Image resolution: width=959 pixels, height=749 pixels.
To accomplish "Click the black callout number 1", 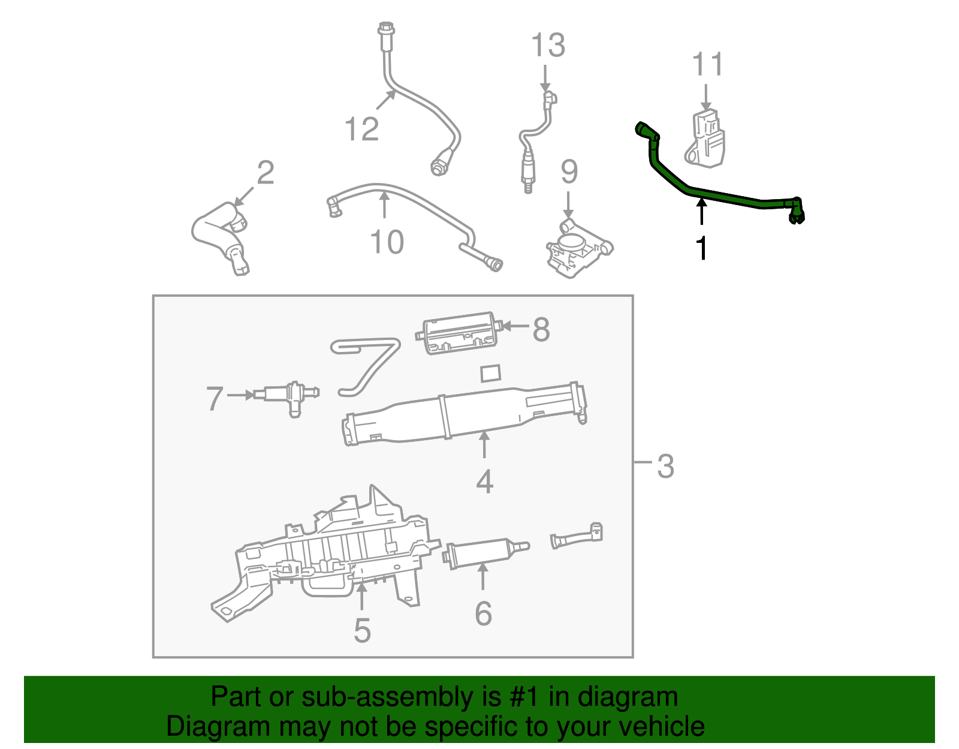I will (701, 248).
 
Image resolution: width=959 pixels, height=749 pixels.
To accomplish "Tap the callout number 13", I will (548, 46).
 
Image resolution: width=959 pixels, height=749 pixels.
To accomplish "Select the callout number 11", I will (707, 64).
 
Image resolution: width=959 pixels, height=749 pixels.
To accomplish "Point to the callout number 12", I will (362, 129).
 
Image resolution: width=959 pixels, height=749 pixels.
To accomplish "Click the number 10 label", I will (387, 242).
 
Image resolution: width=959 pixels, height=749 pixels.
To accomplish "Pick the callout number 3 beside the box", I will (665, 466).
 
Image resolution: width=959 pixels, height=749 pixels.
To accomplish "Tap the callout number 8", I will (541, 329).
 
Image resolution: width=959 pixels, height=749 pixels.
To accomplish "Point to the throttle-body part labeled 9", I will (575, 249).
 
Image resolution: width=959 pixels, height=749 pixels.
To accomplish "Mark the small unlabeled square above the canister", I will (491, 372).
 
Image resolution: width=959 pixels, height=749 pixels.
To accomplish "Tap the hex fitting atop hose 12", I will (385, 28).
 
